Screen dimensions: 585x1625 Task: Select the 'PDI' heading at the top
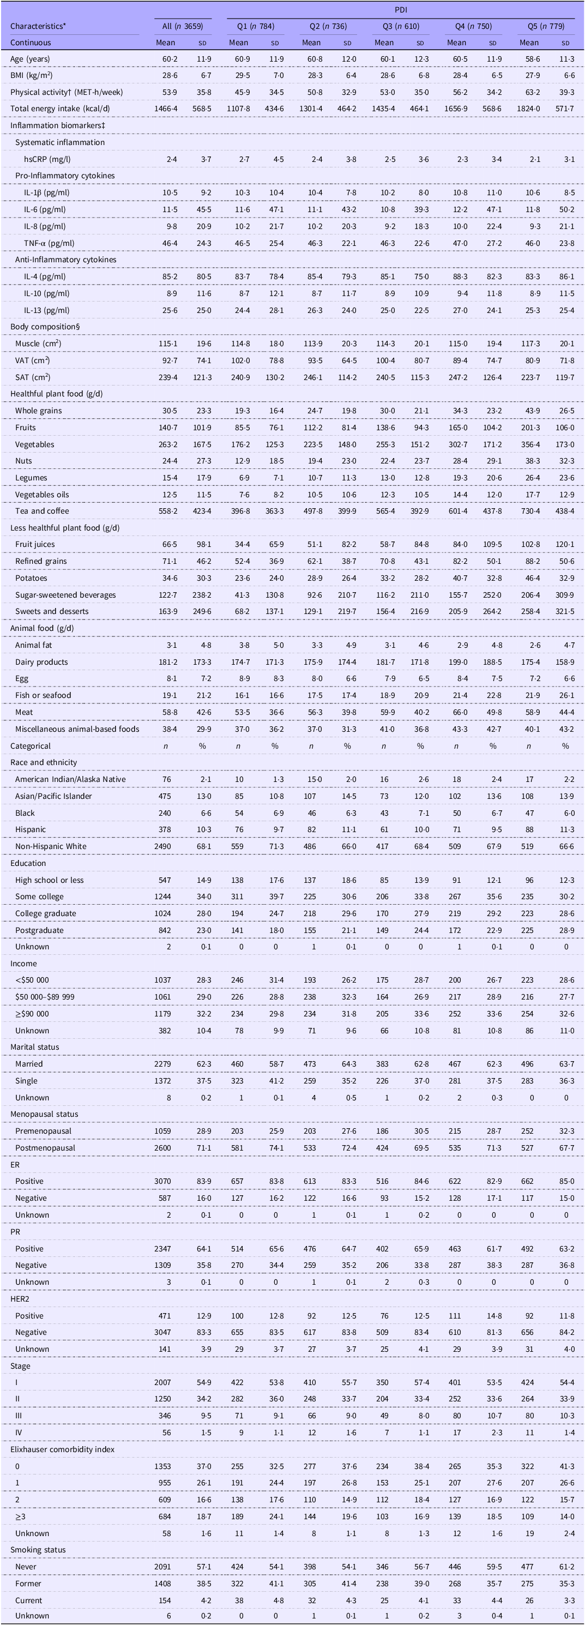click(x=400, y=10)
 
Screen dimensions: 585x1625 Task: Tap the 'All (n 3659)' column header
click(x=183, y=27)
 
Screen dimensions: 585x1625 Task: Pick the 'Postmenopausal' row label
click(x=45, y=1148)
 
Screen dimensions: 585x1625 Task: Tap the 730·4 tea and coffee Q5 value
click(x=529, y=511)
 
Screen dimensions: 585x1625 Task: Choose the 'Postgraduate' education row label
click(x=39, y=930)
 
